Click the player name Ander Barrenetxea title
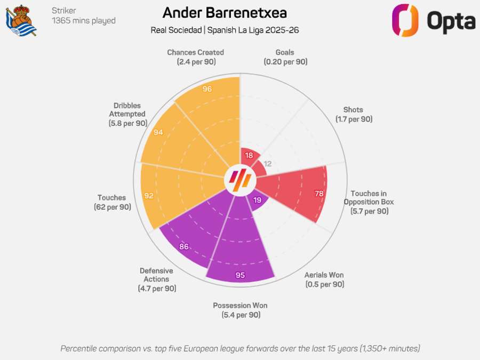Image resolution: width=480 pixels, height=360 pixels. point(225,13)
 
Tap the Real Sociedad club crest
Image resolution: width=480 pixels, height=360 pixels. point(20,20)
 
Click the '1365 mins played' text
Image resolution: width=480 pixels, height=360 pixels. point(84,21)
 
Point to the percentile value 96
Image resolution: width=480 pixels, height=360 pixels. point(207,89)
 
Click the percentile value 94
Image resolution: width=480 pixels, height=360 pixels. point(158,132)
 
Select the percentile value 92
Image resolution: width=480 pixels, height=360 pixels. point(149,196)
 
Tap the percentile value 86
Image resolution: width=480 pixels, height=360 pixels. point(184,246)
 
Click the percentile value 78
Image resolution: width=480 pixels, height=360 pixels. point(319,194)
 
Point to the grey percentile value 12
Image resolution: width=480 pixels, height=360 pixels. point(268,164)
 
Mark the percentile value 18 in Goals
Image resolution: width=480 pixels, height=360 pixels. point(249,155)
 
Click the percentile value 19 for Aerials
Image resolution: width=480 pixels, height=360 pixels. point(257,200)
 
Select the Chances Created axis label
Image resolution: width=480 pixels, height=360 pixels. point(195,57)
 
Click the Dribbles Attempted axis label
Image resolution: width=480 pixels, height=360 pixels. point(127,114)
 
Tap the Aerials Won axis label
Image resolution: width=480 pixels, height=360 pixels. point(324,279)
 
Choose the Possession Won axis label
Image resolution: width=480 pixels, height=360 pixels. point(240,310)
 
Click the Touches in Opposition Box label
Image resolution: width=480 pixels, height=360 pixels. point(369,202)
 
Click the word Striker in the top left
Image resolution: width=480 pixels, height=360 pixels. point(63,11)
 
